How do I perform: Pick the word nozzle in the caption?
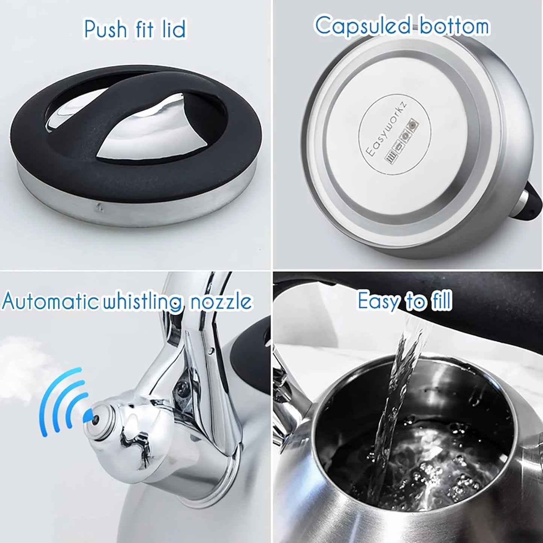coord(220,302)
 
